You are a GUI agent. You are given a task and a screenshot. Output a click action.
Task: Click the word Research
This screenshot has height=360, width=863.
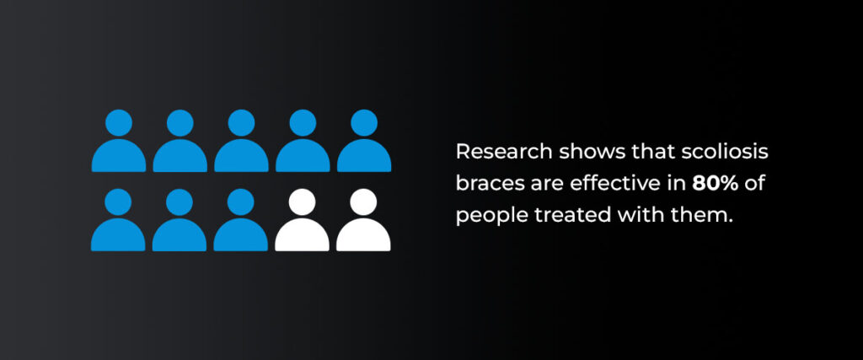pyautogui.click(x=504, y=152)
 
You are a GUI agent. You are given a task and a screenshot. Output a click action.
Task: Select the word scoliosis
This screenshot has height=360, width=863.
pyautogui.click(x=725, y=152)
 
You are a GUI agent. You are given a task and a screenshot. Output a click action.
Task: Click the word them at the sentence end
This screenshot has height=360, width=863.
pyautogui.click(x=707, y=216)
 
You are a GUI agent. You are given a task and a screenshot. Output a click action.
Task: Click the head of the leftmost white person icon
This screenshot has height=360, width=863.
pyautogui.click(x=303, y=202)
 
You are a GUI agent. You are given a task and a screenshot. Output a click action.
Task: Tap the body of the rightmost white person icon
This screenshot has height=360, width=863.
pyautogui.click(x=363, y=234)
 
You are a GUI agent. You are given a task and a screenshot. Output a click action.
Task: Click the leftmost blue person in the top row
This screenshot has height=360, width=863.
pyautogui.click(x=119, y=141)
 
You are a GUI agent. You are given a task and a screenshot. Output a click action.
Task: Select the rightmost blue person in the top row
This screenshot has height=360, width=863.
pyautogui.click(x=364, y=141)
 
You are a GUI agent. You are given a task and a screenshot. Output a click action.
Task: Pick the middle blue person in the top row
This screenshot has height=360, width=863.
pyautogui.click(x=241, y=141)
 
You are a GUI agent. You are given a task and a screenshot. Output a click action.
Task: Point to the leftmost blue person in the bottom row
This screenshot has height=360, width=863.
pyautogui.click(x=118, y=220)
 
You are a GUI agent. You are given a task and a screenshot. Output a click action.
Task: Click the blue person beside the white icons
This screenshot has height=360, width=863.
pyautogui.click(x=240, y=220)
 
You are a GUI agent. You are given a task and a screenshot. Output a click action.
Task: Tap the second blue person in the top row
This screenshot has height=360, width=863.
pyautogui.click(x=180, y=141)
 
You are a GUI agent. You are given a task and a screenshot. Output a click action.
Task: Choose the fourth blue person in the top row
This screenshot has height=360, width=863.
pyautogui.click(x=303, y=141)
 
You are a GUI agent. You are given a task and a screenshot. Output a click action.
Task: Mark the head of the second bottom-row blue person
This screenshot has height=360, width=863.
pyautogui.click(x=180, y=202)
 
